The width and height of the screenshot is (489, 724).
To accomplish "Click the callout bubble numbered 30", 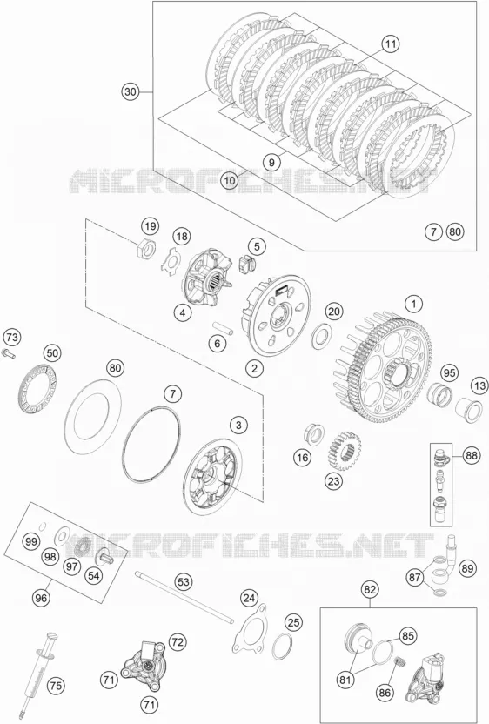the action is click(131, 92).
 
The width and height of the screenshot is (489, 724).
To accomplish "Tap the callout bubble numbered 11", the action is click(390, 44).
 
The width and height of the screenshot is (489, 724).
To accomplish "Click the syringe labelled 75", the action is click(40, 669).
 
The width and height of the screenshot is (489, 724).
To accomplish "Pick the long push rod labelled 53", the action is click(184, 598).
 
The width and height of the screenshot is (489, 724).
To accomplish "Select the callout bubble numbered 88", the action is click(470, 456).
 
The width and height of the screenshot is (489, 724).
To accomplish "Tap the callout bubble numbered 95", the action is click(447, 372).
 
